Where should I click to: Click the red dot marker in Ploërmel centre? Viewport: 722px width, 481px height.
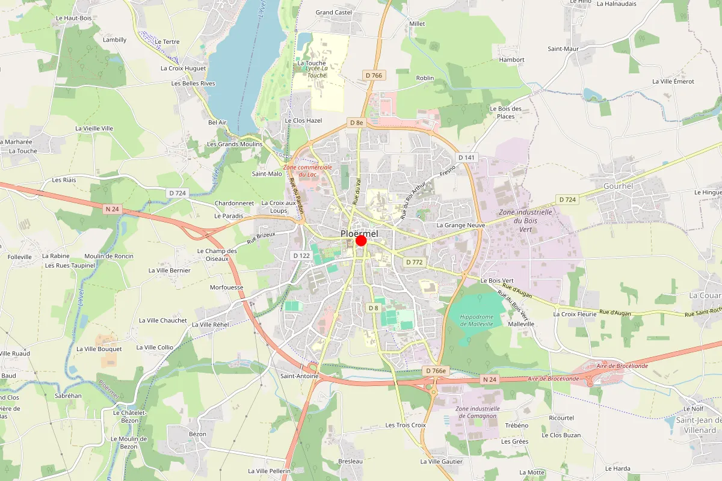[x=361, y=240]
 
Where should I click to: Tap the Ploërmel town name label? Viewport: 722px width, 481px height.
[x=359, y=233]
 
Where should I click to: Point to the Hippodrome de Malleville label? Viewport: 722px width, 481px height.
[x=476, y=320]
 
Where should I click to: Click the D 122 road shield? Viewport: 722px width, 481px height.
[x=301, y=256]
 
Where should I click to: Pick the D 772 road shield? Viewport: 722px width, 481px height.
[x=415, y=262]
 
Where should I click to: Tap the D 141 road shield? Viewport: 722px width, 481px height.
[x=466, y=158]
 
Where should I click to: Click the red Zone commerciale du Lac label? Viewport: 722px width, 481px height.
[x=307, y=170]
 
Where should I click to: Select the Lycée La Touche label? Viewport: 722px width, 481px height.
[x=316, y=72]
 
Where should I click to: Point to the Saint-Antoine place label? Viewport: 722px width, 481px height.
[x=299, y=376]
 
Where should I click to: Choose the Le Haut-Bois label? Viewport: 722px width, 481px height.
[x=73, y=18]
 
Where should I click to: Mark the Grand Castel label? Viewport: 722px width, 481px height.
[x=334, y=12]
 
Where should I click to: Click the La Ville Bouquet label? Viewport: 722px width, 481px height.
[x=99, y=349]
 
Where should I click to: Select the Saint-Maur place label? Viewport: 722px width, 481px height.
[x=563, y=49]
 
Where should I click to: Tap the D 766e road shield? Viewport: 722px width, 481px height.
[x=436, y=370]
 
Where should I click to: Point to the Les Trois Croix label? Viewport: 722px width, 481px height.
[x=406, y=425]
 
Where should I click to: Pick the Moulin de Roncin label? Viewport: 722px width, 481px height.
[x=109, y=256]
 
